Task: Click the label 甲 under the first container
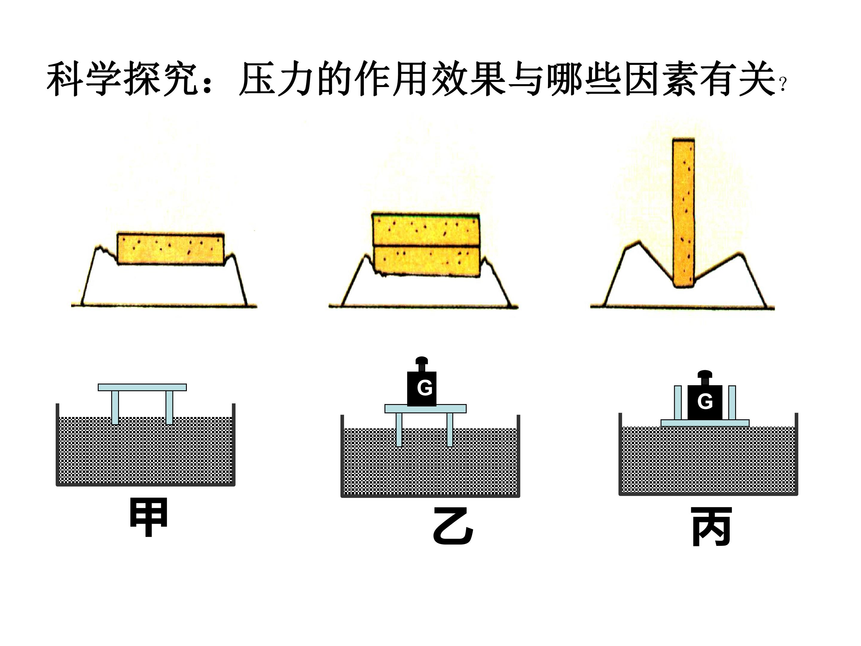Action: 148,517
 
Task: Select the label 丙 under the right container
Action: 712,526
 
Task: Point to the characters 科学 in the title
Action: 84,79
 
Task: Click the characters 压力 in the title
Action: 276,79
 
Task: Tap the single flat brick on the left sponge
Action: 171,249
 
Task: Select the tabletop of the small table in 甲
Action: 142,387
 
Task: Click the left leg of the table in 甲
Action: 115,408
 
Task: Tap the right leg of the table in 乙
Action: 450,429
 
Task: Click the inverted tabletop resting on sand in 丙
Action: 705,423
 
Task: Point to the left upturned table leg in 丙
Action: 678,403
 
